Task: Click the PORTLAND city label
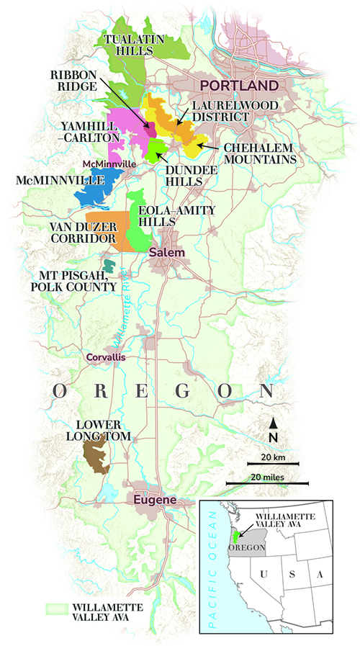point(239,86)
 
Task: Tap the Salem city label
point(167,253)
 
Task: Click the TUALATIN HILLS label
point(129,44)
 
